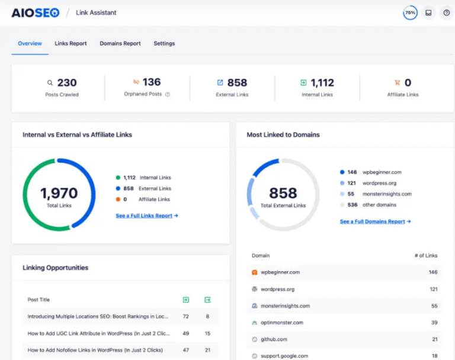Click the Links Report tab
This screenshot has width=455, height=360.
[71, 43]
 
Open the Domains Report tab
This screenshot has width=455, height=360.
[120, 43]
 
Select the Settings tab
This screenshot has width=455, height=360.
[164, 43]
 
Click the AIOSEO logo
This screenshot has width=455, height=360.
[36, 12]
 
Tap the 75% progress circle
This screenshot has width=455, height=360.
[410, 12]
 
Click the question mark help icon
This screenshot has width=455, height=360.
[447, 12]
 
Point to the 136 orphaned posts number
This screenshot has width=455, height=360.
[151, 82]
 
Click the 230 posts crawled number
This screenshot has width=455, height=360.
[67, 83]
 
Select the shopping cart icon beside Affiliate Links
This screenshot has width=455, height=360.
[397, 83]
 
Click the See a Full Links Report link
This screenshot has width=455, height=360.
[147, 216]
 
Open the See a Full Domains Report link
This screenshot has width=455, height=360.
[375, 221]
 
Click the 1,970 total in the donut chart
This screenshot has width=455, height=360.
[59, 193]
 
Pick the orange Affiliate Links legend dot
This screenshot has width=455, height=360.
[118, 200]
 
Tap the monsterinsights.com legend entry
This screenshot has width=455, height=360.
[386, 194]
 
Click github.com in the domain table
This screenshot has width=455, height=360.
[274, 339]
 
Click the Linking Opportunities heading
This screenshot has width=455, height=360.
[55, 268]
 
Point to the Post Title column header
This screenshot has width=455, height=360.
[39, 300]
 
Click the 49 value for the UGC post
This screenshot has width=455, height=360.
[185, 333]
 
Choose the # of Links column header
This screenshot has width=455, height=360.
[426, 256]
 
